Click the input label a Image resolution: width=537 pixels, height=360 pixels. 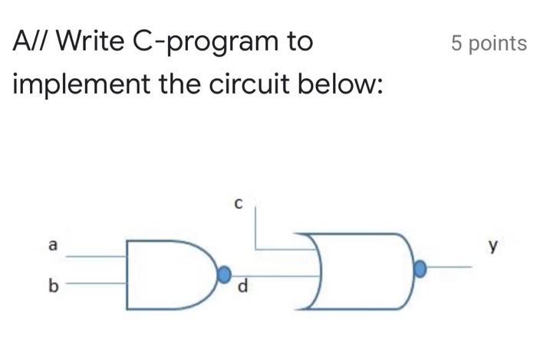(52, 246)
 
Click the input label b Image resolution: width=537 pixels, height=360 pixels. (53, 286)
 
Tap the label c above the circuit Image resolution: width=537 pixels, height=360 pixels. (238, 204)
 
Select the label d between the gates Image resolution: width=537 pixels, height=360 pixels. (243, 288)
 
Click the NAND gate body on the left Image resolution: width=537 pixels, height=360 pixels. (165, 274)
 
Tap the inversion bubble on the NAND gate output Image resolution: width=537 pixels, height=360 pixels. (224, 274)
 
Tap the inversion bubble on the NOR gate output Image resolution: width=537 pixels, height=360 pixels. (420, 269)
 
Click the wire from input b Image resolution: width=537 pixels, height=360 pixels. (96, 283)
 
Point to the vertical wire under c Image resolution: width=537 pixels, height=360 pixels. (255, 226)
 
